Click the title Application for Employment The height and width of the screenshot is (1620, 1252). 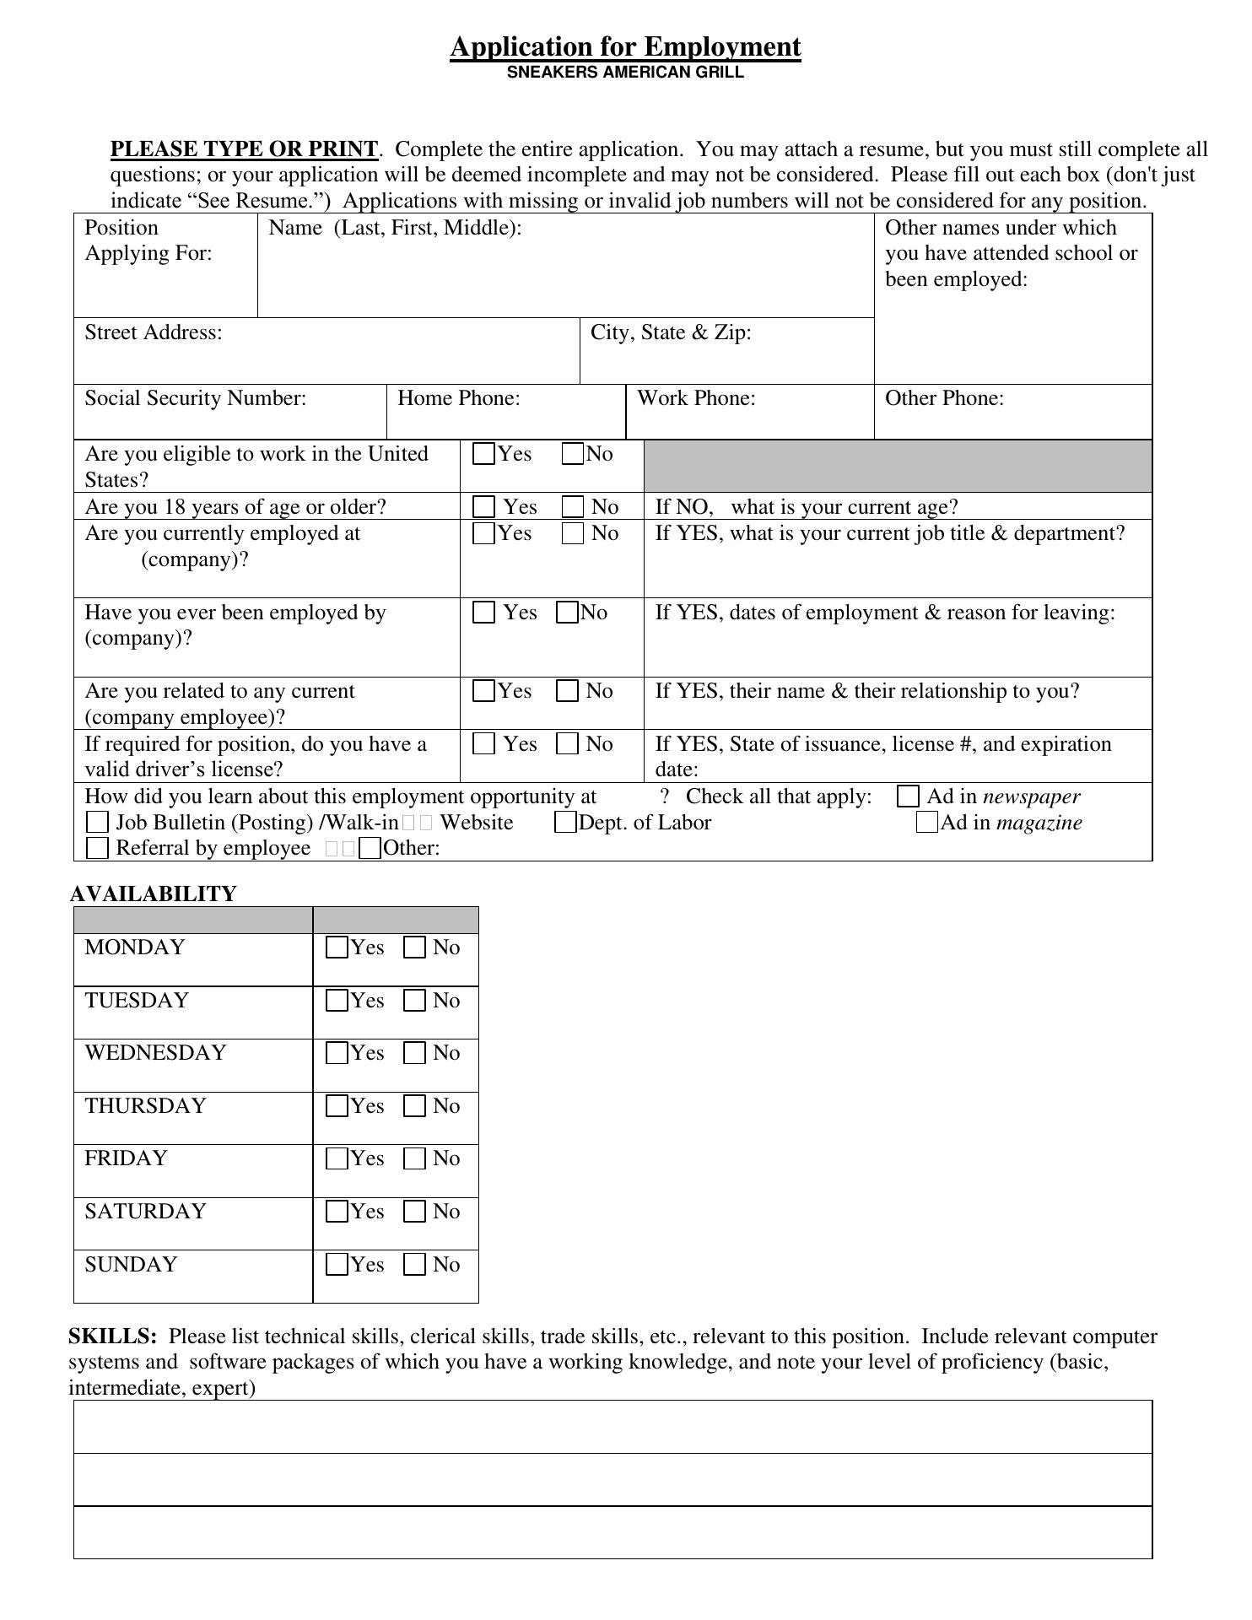pyautogui.click(x=625, y=46)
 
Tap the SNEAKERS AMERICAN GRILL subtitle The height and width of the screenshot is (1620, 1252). pyautogui.click(x=625, y=73)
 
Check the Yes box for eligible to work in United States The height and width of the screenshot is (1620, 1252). pyautogui.click(x=484, y=454)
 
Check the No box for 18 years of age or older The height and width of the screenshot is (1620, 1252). pyautogui.click(x=573, y=507)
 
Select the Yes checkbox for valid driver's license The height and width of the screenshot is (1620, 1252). pyautogui.click(x=484, y=743)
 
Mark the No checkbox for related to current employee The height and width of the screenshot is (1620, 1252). pyautogui.click(x=568, y=691)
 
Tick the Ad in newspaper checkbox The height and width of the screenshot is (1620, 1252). pyautogui.click(x=908, y=796)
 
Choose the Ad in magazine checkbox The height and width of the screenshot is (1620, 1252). pyautogui.click(x=926, y=822)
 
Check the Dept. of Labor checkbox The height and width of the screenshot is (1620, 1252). pyautogui.click(x=565, y=823)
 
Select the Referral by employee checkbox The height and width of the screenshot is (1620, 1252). pyautogui.click(x=98, y=848)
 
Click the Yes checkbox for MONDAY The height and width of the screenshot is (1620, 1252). pyautogui.click(x=337, y=948)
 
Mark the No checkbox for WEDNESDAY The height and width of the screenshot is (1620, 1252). pyautogui.click(x=415, y=1053)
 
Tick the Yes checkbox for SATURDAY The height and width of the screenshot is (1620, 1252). pyautogui.click(x=337, y=1212)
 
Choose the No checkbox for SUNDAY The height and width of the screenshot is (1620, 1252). pyautogui.click(x=415, y=1265)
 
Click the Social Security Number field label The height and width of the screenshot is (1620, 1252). pyautogui.click(x=195, y=398)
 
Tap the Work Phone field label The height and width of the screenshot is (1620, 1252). pyautogui.click(x=696, y=398)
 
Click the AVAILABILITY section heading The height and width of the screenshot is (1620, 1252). pyautogui.click(x=153, y=894)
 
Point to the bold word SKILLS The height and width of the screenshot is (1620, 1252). pyautogui.click(x=112, y=1336)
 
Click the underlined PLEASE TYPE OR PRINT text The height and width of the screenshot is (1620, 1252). pyautogui.click(x=244, y=149)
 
